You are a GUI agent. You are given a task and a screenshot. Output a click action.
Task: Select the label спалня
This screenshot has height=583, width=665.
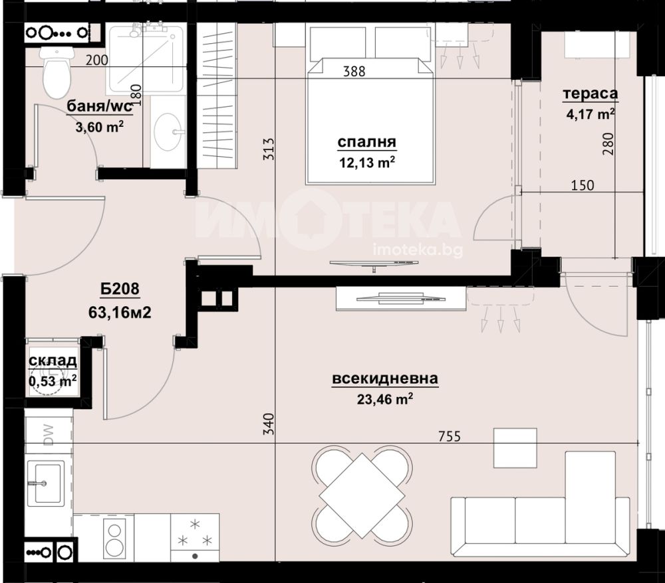point(367,142)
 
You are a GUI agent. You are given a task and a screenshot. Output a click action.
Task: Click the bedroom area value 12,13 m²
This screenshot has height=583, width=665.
point(367,162)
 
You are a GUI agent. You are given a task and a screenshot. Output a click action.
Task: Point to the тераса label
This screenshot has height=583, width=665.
point(591,94)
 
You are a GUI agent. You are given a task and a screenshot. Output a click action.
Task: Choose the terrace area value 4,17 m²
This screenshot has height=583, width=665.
point(591,114)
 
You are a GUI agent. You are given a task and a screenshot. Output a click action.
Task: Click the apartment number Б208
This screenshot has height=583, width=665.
point(120,289)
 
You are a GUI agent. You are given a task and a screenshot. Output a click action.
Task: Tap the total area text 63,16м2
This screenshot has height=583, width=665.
point(120,313)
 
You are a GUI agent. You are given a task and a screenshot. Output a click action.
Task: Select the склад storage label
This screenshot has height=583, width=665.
point(53,361)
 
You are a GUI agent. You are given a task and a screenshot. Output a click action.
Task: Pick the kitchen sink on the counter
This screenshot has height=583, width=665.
point(46,483)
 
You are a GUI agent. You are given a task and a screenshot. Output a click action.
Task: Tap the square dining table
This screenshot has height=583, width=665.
point(362,495)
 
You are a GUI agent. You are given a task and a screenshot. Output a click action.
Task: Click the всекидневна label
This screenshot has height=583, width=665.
point(385,378)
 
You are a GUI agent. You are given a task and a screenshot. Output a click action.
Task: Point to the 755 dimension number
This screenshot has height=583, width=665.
point(449,436)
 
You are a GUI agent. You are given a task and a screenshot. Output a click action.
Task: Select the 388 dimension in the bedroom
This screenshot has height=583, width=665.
point(354,71)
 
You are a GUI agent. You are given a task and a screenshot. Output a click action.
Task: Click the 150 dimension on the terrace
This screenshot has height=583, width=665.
point(583,185)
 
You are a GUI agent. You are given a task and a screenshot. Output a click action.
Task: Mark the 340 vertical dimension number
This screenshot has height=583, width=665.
point(269,424)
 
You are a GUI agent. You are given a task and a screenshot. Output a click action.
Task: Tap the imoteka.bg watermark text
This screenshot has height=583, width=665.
point(418,250)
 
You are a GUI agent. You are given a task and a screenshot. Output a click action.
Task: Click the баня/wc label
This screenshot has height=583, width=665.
point(100,107)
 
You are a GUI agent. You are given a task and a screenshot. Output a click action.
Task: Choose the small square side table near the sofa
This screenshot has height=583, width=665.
point(515,448)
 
